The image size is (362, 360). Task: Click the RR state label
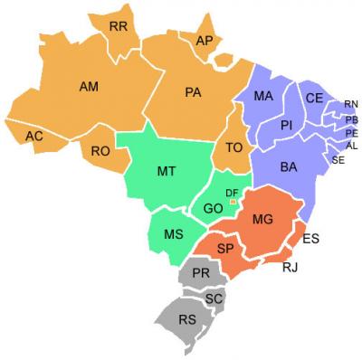118,27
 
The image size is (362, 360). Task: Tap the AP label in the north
205,41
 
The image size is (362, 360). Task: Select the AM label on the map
89,87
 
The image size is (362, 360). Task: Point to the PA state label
193,91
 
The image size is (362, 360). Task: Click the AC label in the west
34,136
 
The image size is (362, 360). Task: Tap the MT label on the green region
167,170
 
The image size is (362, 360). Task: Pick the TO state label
234,147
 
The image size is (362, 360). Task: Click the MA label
263,96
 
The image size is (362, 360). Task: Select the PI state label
286,125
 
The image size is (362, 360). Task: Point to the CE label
314,98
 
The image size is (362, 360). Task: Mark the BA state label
289,167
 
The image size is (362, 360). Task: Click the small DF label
232,193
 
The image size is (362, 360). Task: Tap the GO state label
214,208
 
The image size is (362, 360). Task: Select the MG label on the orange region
262,220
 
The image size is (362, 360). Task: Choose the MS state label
175,234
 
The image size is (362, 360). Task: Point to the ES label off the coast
310,239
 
